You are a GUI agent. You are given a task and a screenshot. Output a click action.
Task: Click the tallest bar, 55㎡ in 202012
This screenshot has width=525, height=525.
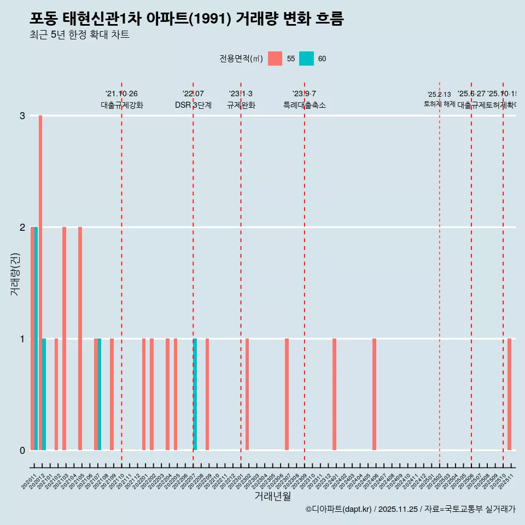(40, 283)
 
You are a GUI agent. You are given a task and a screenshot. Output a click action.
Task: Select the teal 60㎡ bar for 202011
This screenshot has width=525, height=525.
(36, 339)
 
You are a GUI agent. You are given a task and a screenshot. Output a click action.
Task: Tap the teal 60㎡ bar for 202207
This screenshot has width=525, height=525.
(195, 394)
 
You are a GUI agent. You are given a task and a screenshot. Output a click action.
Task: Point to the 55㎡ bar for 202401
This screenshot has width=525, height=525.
(334, 394)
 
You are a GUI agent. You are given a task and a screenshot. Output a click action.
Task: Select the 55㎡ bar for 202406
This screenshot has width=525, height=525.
(374, 394)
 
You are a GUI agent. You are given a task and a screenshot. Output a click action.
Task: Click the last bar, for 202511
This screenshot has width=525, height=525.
(509, 394)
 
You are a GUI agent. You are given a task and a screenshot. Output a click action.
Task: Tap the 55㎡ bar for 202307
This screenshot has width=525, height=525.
(287, 394)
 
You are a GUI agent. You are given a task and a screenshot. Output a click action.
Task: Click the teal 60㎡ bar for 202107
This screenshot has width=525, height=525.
(100, 394)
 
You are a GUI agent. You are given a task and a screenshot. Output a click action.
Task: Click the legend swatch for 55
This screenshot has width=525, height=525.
(275, 59)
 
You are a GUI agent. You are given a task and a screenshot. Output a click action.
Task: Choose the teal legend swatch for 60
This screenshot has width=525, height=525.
(306, 59)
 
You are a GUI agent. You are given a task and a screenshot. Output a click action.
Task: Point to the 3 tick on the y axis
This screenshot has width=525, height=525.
(22, 116)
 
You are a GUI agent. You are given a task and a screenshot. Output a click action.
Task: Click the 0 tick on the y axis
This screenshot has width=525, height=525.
(22, 450)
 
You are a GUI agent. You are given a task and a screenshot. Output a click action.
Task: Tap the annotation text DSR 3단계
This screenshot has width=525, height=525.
(193, 105)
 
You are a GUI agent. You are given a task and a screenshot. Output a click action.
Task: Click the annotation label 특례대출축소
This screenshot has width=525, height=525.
(304, 105)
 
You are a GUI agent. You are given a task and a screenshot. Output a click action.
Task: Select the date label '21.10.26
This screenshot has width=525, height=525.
(121, 94)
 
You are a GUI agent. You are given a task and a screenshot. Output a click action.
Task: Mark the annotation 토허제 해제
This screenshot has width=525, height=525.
(439, 104)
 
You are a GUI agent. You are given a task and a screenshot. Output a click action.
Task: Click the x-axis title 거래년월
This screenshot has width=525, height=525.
(272, 496)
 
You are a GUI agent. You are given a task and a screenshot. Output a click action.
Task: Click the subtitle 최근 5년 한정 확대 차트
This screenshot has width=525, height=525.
(79, 35)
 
